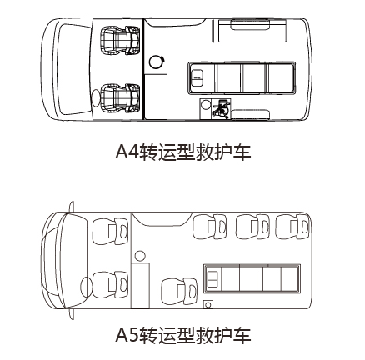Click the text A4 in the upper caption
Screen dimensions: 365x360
[127, 152]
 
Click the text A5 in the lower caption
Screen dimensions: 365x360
[127, 335]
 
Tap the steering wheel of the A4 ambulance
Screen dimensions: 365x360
[95, 98]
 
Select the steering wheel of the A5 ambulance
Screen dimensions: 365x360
[86, 287]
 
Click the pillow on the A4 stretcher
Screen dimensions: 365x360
[197, 77]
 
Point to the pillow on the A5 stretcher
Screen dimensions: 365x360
[213, 278]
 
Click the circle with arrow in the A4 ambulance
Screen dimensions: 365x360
[157, 62]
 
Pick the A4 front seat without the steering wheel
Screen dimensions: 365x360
[120, 40]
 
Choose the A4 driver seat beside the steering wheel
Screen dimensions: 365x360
[120, 98]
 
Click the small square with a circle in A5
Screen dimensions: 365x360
[207, 304]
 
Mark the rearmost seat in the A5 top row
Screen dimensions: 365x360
[292, 227]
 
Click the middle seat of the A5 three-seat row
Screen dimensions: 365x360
[252, 227]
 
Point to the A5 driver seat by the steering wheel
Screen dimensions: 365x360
[110, 285]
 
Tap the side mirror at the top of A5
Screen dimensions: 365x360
[72, 207]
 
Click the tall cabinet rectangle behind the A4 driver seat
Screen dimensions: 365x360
[156, 97]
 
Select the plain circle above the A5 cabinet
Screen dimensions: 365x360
[140, 256]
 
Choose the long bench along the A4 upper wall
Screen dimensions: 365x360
[252, 31]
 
